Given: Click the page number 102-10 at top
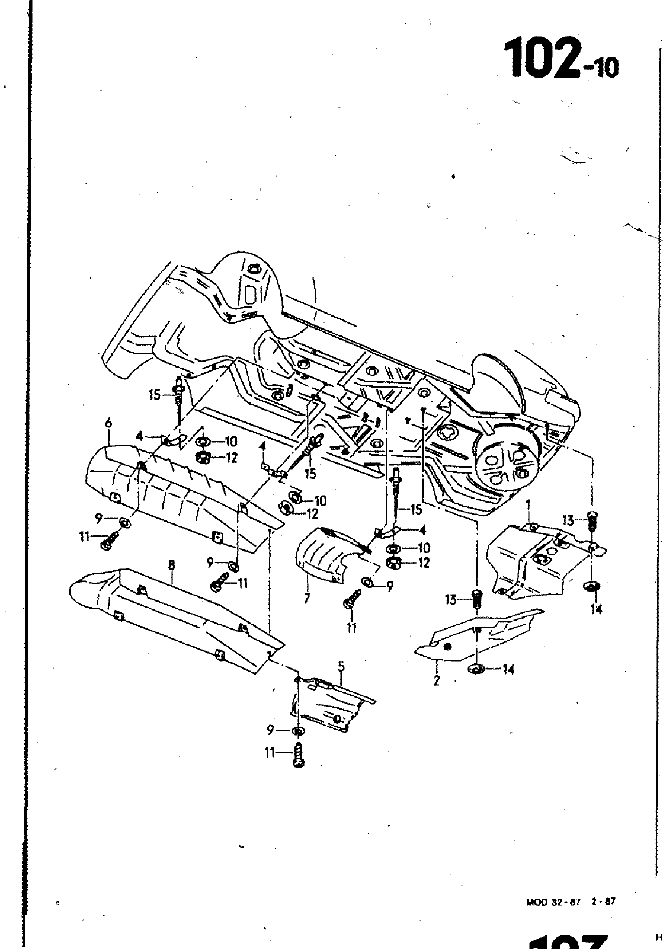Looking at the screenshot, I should coord(560,59).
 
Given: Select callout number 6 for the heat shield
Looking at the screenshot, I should coord(108,423).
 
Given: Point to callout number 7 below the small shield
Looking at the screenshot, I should coord(306,599).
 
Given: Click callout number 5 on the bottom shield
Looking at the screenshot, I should coord(341,666).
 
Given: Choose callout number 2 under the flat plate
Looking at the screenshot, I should coord(437,680).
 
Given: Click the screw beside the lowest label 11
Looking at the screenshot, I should coord(298,756).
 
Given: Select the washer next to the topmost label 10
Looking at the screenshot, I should coord(201,442).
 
